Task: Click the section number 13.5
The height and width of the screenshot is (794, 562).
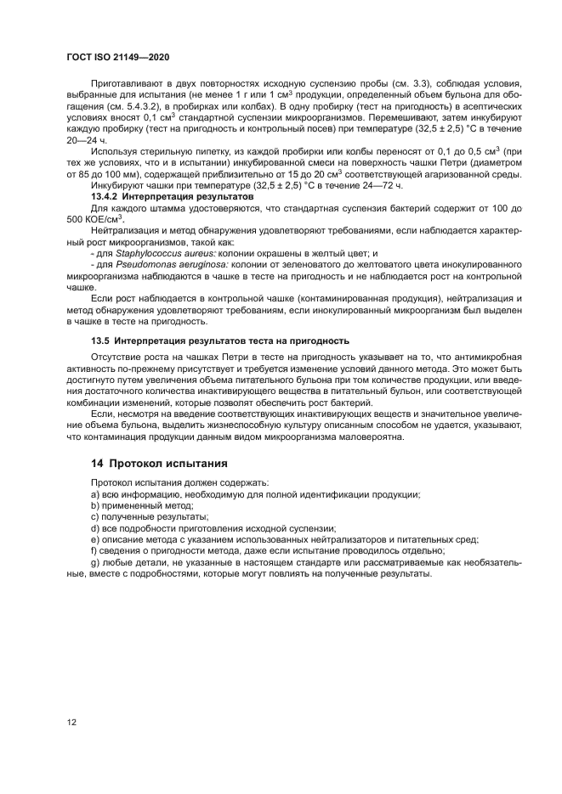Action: point(101,340)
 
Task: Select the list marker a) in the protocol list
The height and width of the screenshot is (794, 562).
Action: point(94,494)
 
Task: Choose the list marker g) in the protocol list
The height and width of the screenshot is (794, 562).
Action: point(94,562)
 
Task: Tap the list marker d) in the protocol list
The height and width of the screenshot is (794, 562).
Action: point(94,527)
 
